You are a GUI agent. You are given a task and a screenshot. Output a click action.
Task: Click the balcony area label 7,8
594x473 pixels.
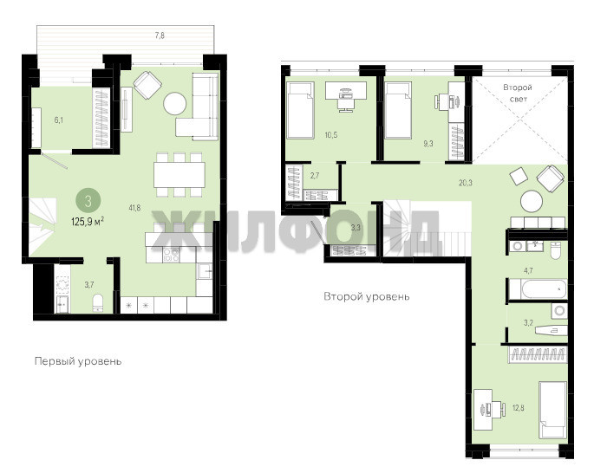(x=160, y=36)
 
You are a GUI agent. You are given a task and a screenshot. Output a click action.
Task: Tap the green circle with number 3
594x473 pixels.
(x=88, y=201)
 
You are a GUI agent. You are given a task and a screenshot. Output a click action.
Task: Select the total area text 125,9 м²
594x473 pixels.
(x=88, y=222)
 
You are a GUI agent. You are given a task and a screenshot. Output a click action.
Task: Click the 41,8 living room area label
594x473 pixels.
(x=134, y=207)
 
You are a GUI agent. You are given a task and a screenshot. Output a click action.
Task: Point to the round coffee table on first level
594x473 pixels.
(x=174, y=103)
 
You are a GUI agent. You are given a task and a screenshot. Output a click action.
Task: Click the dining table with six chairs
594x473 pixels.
(x=180, y=174)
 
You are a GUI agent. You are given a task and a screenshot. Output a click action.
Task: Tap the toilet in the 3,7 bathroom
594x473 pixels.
(x=98, y=302)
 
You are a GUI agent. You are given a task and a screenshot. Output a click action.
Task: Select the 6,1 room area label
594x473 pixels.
(x=59, y=120)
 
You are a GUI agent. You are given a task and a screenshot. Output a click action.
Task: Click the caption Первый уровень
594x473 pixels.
(x=78, y=361)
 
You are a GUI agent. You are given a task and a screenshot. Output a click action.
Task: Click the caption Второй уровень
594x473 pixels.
(x=366, y=296)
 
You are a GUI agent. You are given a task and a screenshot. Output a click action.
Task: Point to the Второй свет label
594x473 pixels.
(x=518, y=93)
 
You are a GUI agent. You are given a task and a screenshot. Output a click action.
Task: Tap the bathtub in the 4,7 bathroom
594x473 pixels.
(x=538, y=289)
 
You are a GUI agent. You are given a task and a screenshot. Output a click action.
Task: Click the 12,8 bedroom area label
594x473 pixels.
(x=518, y=408)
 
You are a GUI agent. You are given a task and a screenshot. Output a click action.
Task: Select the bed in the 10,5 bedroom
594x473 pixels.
(x=300, y=111)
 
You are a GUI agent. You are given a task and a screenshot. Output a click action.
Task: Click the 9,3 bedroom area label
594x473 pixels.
(x=428, y=144)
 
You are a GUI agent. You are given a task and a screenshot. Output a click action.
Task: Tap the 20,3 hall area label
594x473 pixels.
(x=466, y=183)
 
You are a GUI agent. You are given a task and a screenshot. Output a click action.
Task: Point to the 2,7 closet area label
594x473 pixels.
(x=315, y=176)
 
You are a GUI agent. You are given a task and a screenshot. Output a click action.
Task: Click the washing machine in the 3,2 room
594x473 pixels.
(x=559, y=311)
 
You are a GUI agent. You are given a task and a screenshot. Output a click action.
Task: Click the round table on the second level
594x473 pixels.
(x=532, y=201)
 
